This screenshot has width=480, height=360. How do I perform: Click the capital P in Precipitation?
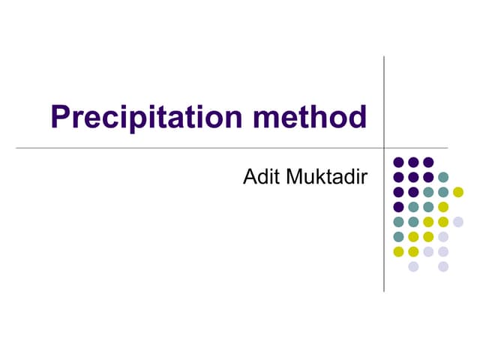(61, 117)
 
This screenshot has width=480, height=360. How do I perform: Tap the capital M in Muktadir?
(291, 178)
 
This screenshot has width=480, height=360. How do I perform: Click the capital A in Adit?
(250, 178)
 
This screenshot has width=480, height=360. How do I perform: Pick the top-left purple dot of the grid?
(398, 162)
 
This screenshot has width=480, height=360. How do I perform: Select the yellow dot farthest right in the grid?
(458, 191)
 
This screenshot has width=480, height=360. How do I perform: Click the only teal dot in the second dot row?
(443, 177)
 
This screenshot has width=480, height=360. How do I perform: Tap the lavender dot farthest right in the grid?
(458, 221)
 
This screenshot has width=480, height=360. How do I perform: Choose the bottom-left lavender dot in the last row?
(413, 266)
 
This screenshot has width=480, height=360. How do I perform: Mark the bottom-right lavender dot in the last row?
(443, 266)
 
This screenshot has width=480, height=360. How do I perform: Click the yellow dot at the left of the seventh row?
(398, 251)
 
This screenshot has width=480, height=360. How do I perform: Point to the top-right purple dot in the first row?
(428, 162)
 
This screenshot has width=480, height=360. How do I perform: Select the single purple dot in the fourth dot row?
(398, 206)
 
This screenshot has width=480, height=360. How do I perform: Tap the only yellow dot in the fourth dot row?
(443, 206)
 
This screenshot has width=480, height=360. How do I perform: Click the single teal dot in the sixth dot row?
(398, 236)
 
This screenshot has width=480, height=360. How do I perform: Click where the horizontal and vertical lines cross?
(384, 148)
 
